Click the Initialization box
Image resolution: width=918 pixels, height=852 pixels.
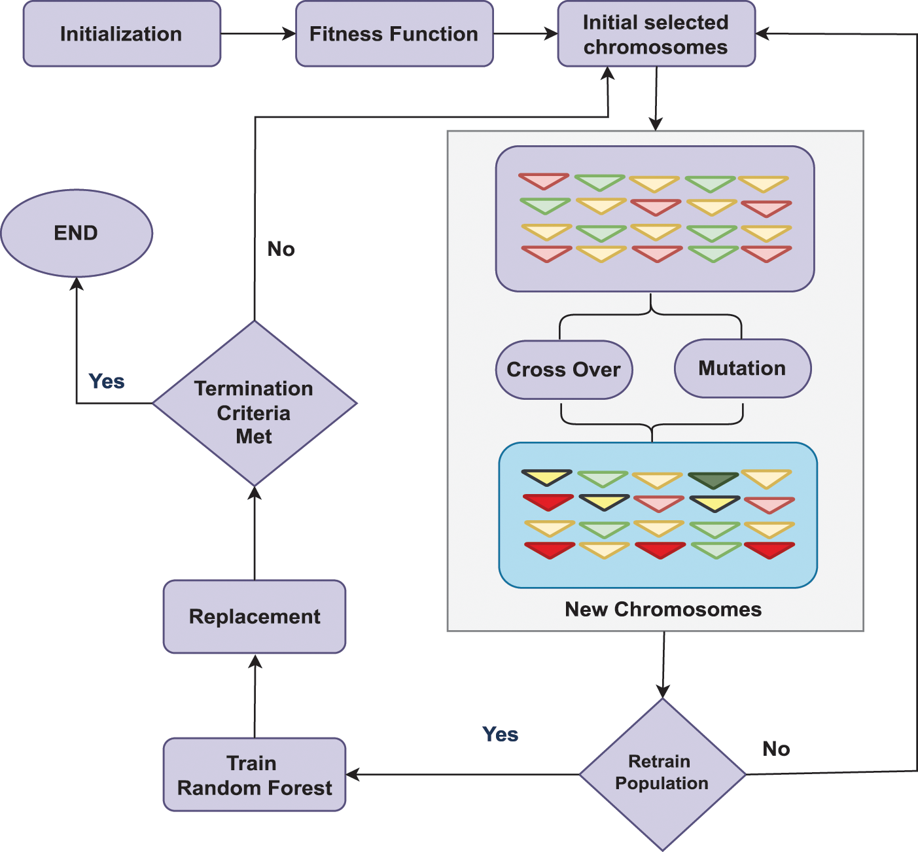122,34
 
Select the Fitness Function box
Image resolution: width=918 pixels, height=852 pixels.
394,34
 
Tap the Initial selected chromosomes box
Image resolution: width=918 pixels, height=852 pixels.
656,34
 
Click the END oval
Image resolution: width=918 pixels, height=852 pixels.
77,233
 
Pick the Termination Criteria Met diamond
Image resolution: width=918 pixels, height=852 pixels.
255,404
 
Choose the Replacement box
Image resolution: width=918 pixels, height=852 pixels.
255,616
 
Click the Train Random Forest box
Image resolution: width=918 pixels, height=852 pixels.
255,775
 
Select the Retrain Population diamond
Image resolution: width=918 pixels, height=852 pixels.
662,774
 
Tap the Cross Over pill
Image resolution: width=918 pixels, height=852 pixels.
564,370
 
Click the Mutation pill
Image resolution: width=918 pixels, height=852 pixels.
743,368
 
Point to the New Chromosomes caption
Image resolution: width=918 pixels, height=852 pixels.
663,609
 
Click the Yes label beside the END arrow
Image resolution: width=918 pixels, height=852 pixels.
107,382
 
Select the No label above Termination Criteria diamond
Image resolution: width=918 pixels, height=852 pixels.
281,249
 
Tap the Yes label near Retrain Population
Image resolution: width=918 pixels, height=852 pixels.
501,734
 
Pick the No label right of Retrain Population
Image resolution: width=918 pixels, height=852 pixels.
777,749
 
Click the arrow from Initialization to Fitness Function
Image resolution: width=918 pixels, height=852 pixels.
258,34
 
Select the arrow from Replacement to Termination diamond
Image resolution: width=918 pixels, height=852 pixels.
255,533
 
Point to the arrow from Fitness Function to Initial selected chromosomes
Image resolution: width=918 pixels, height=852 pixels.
525,34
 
